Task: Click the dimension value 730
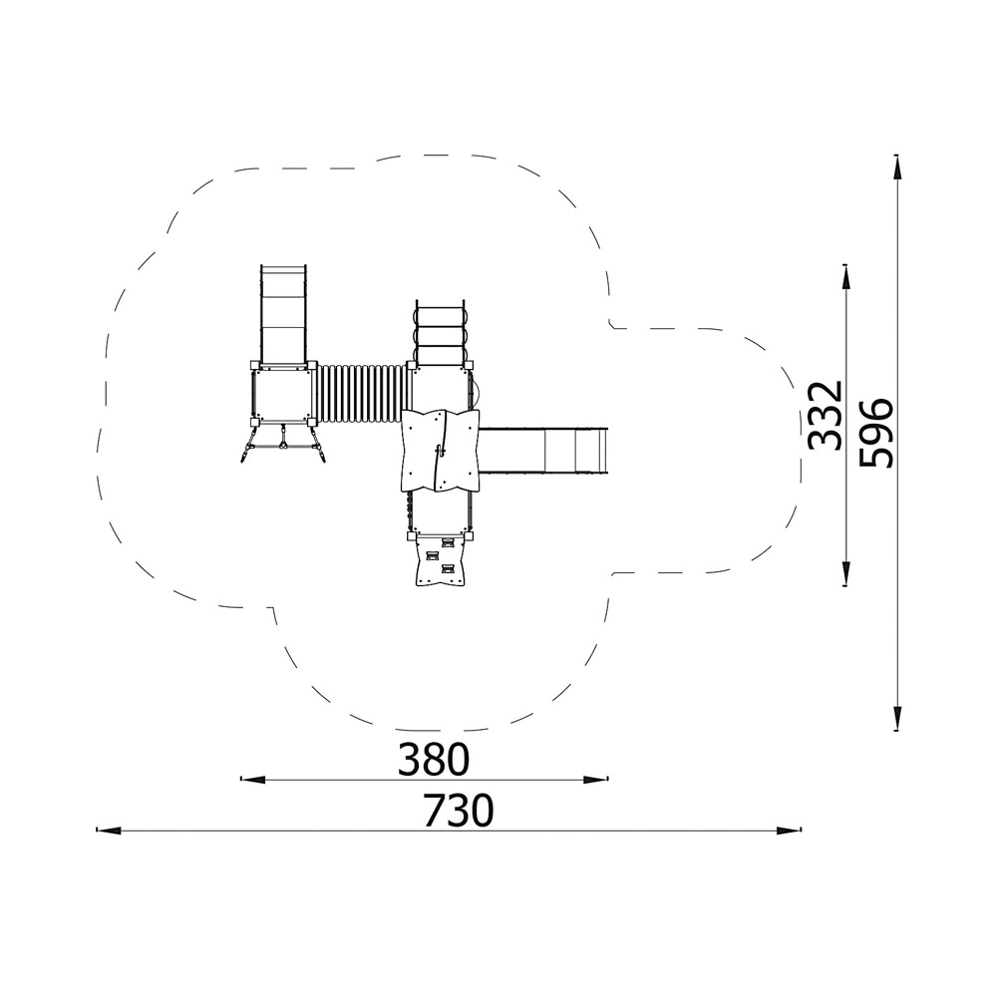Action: pyautogui.click(x=459, y=810)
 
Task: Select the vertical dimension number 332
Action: pyautogui.click(x=826, y=415)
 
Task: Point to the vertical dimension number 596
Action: pyautogui.click(x=875, y=433)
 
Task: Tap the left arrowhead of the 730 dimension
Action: pyautogui.click(x=108, y=830)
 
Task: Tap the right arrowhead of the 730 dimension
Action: pyautogui.click(x=789, y=830)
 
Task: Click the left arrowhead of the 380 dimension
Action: pyautogui.click(x=253, y=779)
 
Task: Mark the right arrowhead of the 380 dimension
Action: pyautogui.click(x=596, y=779)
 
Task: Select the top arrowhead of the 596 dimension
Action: pyautogui.click(x=896, y=167)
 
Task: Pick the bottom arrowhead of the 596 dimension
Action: pyautogui.click(x=896, y=719)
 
